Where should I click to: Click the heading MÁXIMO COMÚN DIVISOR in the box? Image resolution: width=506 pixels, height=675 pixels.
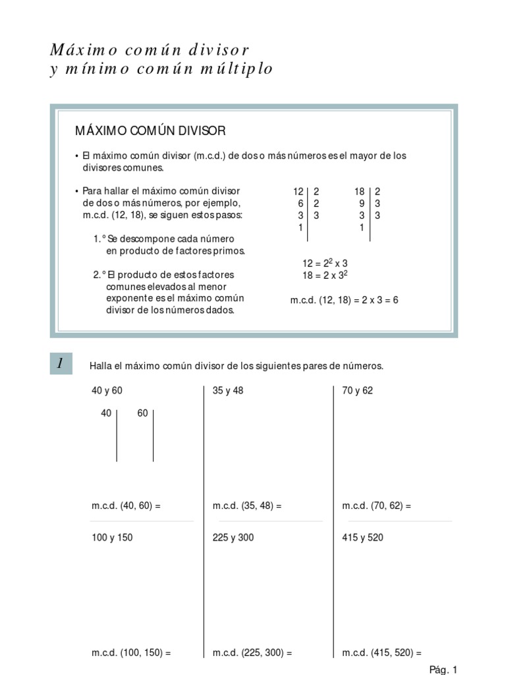click(150, 131)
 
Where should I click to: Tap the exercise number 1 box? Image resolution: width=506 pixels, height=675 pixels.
click(61, 363)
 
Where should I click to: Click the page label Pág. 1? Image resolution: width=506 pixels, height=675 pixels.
click(443, 670)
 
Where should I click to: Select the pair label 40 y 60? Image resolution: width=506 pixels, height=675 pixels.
click(107, 390)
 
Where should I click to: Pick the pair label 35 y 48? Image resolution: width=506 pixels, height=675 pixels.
click(228, 390)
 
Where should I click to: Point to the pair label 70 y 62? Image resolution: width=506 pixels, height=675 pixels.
click(357, 390)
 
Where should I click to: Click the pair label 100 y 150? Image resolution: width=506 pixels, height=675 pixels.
click(112, 537)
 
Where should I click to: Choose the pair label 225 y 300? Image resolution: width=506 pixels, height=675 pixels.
click(233, 537)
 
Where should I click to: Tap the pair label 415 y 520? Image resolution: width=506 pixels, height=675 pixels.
click(362, 537)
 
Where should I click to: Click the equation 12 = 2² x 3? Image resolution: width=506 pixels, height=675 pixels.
click(325, 263)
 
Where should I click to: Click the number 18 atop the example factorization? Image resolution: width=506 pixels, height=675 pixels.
click(359, 192)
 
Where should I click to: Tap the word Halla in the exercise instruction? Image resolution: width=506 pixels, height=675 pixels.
click(99, 366)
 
